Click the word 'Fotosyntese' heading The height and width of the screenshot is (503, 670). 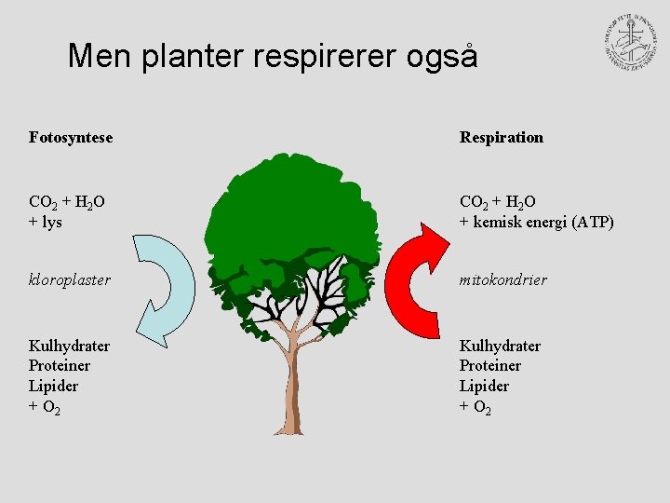(71, 138)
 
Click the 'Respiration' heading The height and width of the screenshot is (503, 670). (502, 138)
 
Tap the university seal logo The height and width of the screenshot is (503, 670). (630, 43)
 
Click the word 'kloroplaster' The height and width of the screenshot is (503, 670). (70, 279)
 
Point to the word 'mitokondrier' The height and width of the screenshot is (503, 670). (503, 279)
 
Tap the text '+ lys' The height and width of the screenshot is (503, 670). (46, 222)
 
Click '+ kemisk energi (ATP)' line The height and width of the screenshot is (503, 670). (537, 222)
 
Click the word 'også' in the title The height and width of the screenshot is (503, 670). (442, 57)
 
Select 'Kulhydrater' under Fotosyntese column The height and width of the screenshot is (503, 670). (70, 346)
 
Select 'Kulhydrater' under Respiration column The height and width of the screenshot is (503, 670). (500, 346)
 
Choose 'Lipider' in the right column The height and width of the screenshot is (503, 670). (484, 386)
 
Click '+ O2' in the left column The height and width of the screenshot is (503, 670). (45, 406)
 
